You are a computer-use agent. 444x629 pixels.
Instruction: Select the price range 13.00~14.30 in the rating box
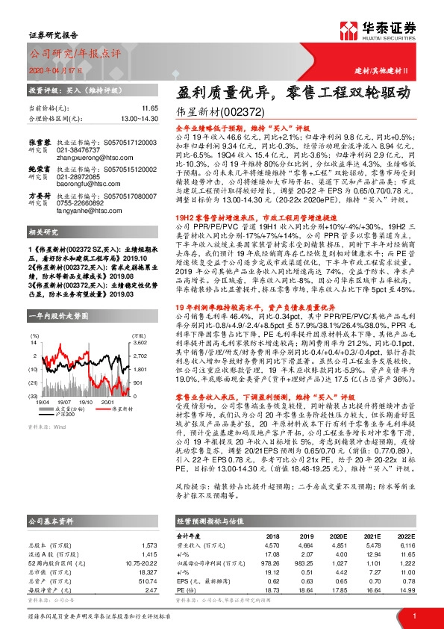pyautogui.click(x=139, y=118)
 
